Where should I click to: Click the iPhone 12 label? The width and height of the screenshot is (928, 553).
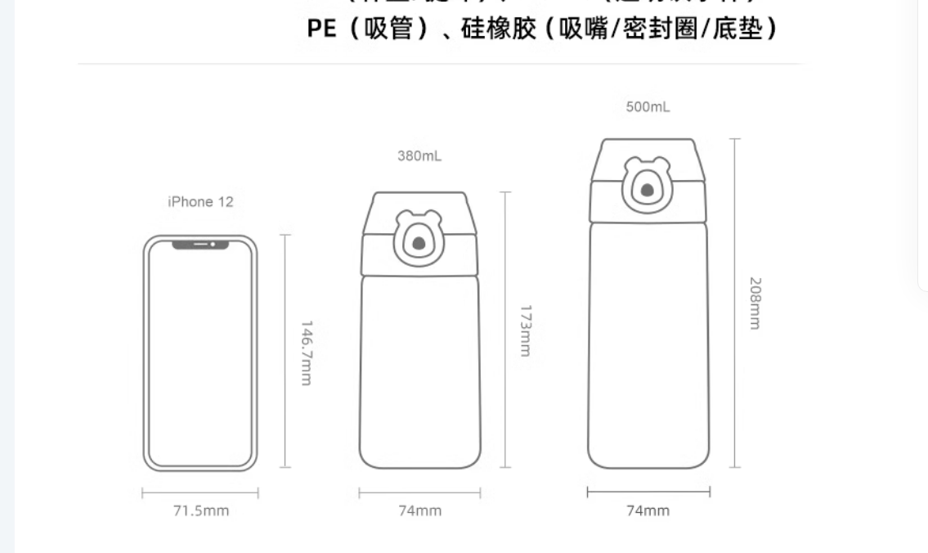[x=200, y=202]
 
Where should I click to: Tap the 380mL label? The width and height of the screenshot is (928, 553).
[x=419, y=155]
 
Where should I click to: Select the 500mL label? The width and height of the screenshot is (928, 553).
[x=648, y=107]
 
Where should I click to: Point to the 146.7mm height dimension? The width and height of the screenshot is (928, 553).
[x=306, y=352]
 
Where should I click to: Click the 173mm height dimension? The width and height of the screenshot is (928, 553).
[x=526, y=330]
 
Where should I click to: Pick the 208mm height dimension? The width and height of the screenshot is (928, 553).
[x=755, y=303]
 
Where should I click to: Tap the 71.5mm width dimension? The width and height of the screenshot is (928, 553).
[x=200, y=511]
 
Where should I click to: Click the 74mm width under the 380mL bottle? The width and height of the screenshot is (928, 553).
[x=419, y=511]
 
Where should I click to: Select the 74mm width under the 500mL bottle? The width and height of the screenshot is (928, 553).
[x=648, y=511]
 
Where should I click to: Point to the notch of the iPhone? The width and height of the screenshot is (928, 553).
[x=200, y=244]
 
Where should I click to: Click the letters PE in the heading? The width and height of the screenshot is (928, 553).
[x=321, y=29]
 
